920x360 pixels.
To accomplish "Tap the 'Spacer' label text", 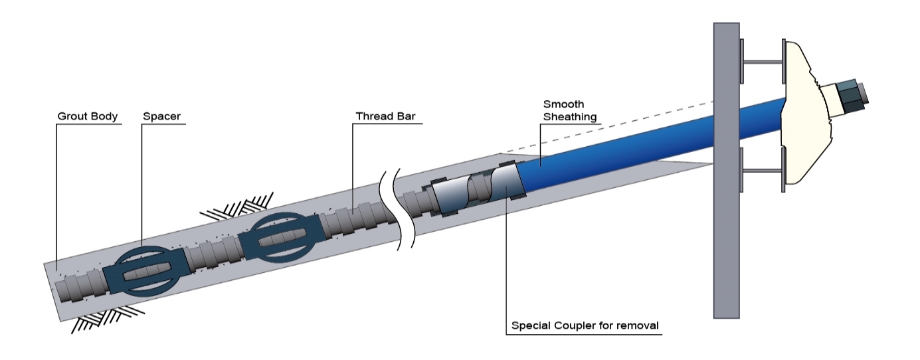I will (161, 117).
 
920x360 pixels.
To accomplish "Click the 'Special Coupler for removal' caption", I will (585, 327).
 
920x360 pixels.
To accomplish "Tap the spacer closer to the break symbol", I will (276, 237).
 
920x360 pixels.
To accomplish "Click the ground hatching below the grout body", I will (106, 317).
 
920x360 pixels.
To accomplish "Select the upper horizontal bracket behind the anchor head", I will (762, 63).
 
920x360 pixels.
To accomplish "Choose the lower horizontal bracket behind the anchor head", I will (762, 171).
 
